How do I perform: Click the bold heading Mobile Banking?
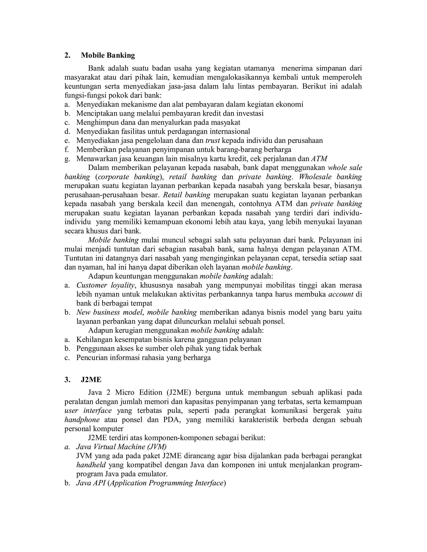108,55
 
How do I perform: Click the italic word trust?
212,141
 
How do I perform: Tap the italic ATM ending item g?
319,159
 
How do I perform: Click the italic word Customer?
92,285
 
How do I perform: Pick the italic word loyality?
123,285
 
